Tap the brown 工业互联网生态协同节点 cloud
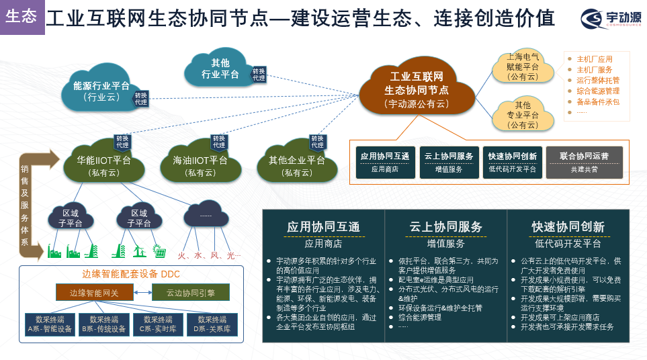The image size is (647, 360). click(416, 89)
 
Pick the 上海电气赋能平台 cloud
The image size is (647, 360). click(523, 66)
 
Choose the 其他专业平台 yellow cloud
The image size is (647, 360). click(522, 114)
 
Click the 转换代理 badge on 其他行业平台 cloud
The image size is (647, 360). click(259, 74)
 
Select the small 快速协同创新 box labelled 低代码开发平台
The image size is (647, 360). click(513, 162)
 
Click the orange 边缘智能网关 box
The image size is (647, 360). click(93, 293)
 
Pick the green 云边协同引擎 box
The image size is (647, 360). click(189, 293)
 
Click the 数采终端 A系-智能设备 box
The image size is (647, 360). click(48, 324)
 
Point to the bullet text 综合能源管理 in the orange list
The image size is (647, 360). click(597, 91)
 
